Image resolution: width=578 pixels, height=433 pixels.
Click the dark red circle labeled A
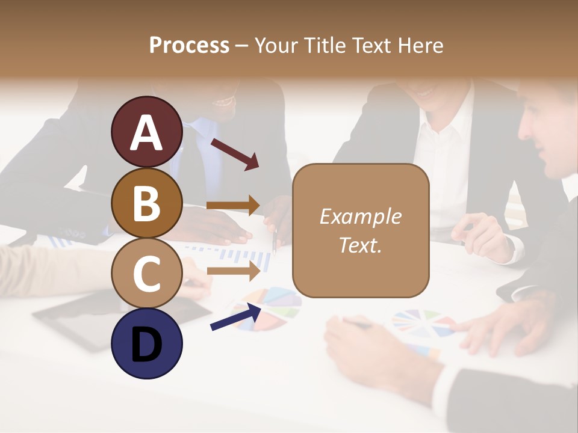click(x=147, y=132)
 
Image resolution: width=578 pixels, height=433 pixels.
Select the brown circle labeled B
click(x=147, y=203)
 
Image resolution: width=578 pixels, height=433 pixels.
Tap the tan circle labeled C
click(x=147, y=273)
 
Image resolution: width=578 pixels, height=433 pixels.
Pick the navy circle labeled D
click(x=147, y=343)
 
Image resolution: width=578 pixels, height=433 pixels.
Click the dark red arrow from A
click(x=234, y=153)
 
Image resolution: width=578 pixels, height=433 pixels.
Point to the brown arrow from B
click(x=233, y=205)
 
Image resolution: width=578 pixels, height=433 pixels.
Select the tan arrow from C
click(x=233, y=271)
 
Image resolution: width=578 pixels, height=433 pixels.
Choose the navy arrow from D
click(x=235, y=317)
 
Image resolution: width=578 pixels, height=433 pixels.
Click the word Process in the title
click(x=189, y=45)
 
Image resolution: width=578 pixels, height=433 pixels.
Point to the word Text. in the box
click(x=360, y=245)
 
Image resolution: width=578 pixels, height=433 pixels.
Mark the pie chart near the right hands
click(x=423, y=325)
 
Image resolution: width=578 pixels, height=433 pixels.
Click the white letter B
click(x=147, y=204)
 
